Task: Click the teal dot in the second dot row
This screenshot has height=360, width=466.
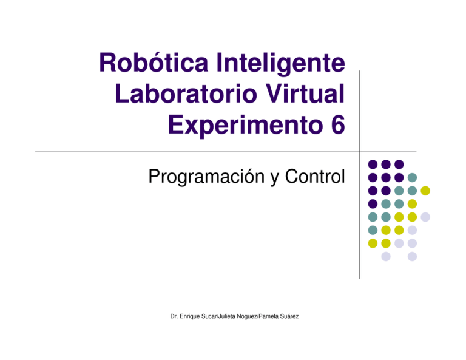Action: point(412,177)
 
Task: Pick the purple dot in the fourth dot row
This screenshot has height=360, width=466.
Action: point(372,204)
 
